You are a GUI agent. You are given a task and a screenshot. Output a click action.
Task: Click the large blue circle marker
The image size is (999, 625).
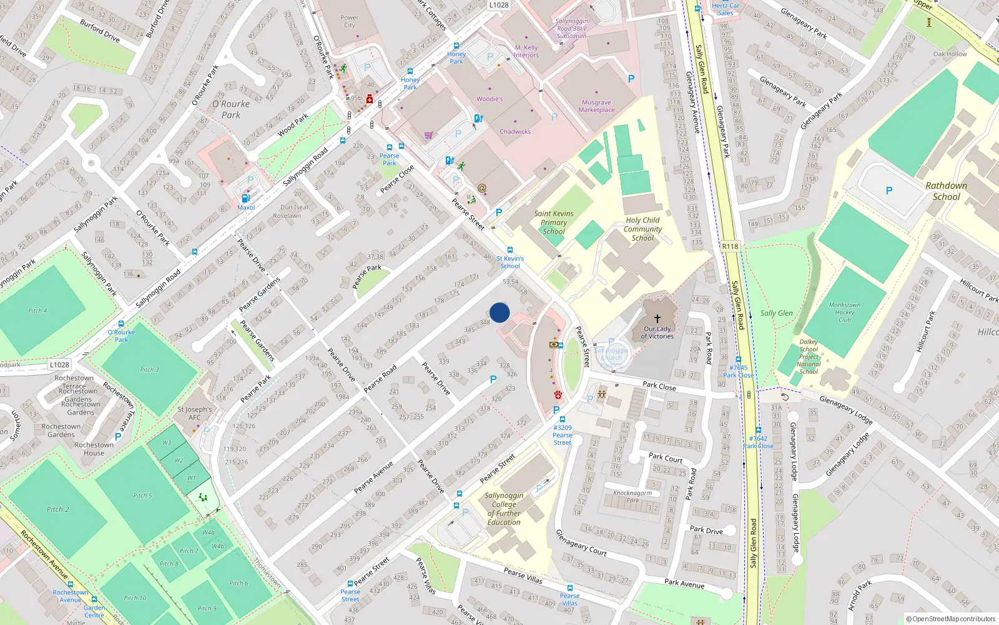point(499,312)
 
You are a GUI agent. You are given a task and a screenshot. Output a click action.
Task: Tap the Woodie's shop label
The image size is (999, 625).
point(490,99)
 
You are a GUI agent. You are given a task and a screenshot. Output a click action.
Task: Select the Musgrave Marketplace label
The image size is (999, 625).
point(596,106)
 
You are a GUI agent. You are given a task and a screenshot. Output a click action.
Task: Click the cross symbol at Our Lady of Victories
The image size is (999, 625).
point(657,319)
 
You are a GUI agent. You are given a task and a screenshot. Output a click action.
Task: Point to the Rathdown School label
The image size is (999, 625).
point(946,191)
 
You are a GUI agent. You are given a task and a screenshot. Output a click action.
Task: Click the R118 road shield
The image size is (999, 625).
point(730,246)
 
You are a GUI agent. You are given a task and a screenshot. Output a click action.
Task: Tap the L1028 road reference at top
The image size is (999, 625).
point(498,5)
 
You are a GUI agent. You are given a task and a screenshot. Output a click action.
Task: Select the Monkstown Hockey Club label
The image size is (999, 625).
point(844,312)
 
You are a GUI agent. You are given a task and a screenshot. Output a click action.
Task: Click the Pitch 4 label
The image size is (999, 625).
point(37,311)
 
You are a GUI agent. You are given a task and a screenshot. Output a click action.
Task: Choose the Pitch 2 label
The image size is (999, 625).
point(57,509)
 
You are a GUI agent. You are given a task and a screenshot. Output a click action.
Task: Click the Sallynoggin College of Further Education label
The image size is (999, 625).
point(504,509)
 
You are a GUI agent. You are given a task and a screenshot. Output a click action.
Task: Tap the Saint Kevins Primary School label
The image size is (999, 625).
point(553,222)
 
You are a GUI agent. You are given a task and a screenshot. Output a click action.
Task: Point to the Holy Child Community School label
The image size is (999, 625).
point(642,229)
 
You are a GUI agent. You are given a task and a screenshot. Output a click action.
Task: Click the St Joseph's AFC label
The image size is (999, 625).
point(194,413)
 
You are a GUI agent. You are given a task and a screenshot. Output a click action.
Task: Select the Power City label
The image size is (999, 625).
point(349,21)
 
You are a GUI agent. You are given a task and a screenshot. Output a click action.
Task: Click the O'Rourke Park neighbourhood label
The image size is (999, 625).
point(231,109)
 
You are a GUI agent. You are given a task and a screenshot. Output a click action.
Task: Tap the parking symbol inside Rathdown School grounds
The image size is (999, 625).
point(888,191)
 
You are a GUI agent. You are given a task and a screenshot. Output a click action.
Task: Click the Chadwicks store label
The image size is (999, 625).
point(515,132)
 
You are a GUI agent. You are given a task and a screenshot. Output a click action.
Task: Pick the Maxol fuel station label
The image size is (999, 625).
point(246,207)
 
